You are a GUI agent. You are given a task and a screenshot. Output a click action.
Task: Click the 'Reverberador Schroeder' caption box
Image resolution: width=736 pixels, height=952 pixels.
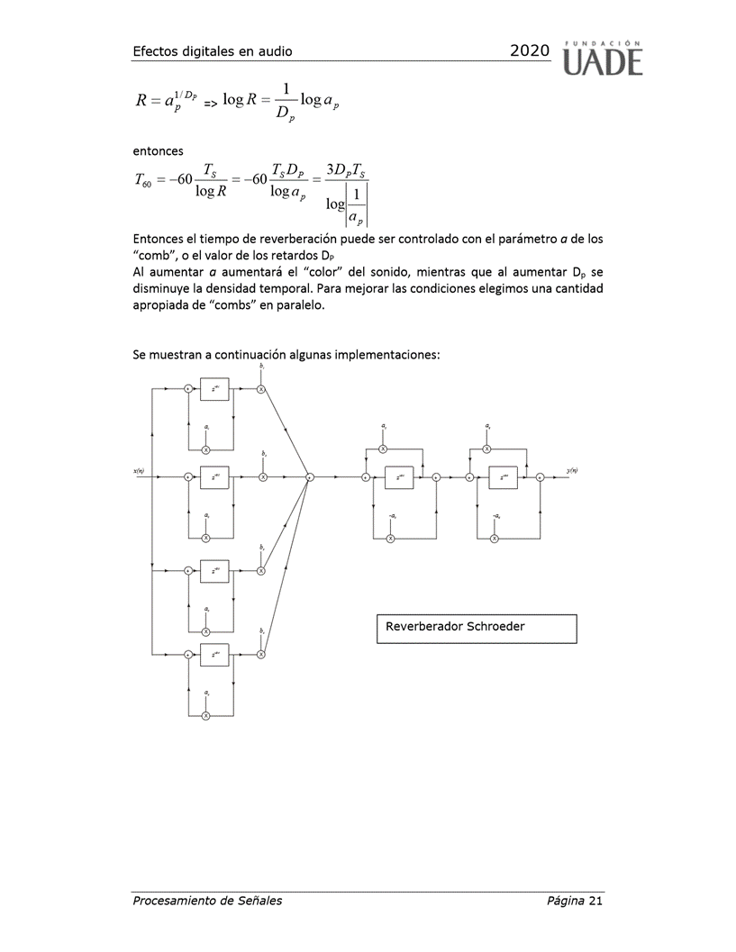click(475, 629)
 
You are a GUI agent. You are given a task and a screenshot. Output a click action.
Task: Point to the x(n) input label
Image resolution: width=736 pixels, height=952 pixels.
click(139, 470)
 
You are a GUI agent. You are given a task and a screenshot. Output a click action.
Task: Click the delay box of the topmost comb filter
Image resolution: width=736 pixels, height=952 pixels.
click(215, 389)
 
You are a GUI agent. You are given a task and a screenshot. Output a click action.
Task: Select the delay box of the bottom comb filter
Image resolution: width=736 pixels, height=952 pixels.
click(215, 655)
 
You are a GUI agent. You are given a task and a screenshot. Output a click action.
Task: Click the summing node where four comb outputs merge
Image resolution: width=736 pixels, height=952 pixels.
click(309, 477)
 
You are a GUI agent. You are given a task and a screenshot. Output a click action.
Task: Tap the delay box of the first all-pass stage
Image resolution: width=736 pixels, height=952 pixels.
click(398, 477)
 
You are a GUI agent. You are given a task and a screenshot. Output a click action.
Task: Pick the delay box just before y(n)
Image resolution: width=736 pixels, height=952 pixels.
click(504, 477)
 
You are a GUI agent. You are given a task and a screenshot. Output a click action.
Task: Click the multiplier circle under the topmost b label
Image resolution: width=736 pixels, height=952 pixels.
click(261, 389)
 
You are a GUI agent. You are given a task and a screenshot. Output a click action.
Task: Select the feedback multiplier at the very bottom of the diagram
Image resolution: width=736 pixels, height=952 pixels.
click(205, 715)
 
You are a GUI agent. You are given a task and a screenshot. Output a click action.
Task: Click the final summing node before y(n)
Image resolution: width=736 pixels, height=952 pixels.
click(539, 477)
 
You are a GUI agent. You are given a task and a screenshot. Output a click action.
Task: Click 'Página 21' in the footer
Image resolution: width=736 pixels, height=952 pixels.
click(574, 901)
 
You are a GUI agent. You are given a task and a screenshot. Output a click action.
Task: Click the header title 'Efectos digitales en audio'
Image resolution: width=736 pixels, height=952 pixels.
click(212, 52)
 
